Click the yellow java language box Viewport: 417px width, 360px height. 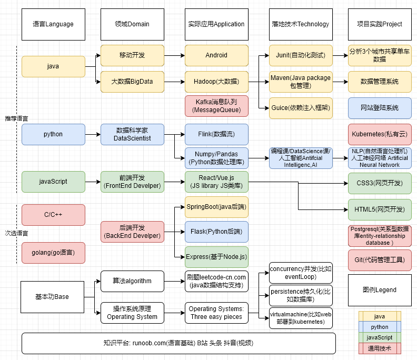(53, 66)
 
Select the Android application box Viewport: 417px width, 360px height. (216, 55)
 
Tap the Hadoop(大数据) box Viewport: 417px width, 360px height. (216, 82)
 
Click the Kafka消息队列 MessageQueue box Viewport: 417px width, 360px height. (216, 106)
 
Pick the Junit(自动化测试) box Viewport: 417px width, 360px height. (301, 55)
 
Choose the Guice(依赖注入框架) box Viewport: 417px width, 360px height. (301, 108)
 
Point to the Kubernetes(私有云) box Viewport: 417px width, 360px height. (380, 134)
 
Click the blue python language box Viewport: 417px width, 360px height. (53, 134)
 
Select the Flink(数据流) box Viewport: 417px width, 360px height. (216, 134)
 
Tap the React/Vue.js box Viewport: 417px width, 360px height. (216, 182)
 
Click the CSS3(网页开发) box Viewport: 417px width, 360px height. (380, 183)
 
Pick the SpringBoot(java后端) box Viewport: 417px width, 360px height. (216, 207)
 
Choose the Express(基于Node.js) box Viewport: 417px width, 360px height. (216, 257)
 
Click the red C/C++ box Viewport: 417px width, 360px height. (53, 215)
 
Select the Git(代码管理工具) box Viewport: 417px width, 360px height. (380, 260)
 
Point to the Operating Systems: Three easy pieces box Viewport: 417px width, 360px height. (216, 313)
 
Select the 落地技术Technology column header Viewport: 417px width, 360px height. (301, 24)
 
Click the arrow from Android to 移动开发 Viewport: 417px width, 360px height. (174, 55)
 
